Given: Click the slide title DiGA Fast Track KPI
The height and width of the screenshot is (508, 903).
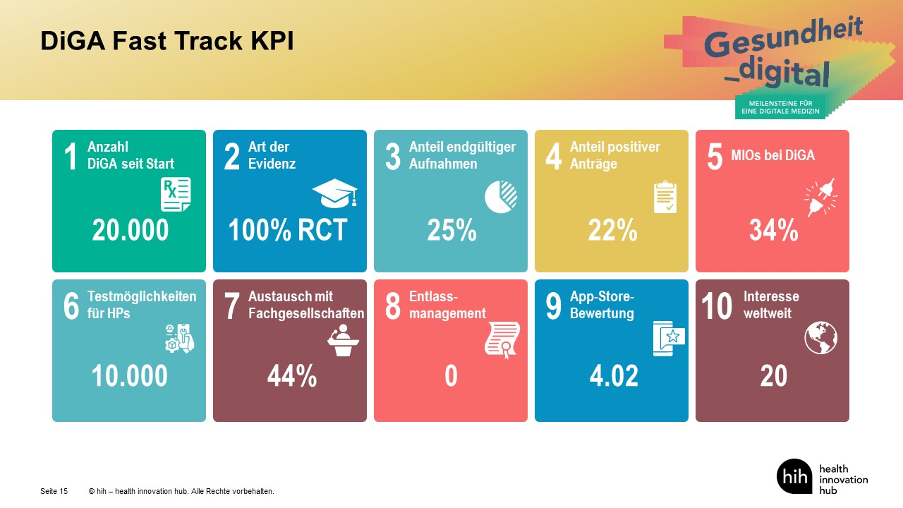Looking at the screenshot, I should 167,41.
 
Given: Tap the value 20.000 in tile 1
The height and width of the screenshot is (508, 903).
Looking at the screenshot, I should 131,231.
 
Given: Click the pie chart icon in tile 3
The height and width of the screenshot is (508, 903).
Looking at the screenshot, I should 501,196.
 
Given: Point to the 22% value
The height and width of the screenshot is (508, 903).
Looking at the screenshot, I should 612,231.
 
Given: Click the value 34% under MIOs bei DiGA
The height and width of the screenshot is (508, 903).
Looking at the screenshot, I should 773,231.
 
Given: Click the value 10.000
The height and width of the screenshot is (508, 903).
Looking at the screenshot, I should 130,377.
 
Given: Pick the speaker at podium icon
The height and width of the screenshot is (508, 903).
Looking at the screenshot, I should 343,339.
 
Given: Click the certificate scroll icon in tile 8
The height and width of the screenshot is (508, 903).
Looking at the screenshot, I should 502,340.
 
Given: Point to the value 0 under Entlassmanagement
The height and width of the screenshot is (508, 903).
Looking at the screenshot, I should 451,377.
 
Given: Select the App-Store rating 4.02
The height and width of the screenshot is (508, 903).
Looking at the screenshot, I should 614,377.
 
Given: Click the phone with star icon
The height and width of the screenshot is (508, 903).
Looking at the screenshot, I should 668,338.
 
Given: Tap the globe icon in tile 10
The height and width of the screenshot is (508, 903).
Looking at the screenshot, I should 820,338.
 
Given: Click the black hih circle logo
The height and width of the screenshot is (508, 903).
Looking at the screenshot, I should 794,476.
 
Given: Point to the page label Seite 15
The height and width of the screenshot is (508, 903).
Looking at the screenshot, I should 54,491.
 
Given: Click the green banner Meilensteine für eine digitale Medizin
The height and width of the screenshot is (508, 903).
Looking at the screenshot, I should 781,107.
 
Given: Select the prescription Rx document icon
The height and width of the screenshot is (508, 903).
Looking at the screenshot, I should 175,195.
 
